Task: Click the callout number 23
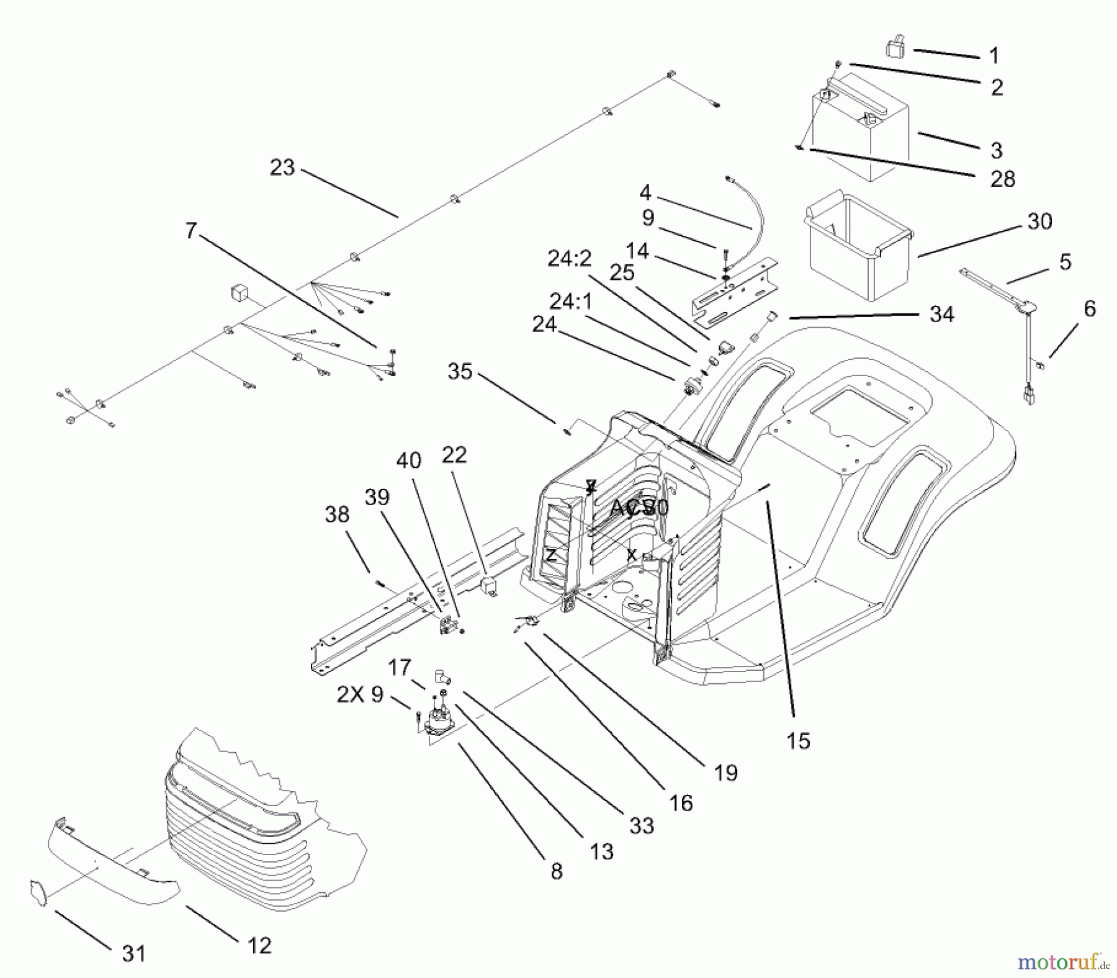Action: click(x=282, y=168)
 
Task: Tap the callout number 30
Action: click(x=1040, y=222)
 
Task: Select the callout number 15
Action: click(x=798, y=740)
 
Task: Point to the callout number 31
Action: click(x=133, y=953)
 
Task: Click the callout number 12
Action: click(x=259, y=945)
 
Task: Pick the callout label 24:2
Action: click(x=570, y=259)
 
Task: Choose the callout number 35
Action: click(x=460, y=372)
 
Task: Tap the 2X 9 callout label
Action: click(x=360, y=694)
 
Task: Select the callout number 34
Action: click(x=941, y=314)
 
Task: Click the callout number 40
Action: click(x=409, y=460)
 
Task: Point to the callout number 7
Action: click(x=191, y=231)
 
